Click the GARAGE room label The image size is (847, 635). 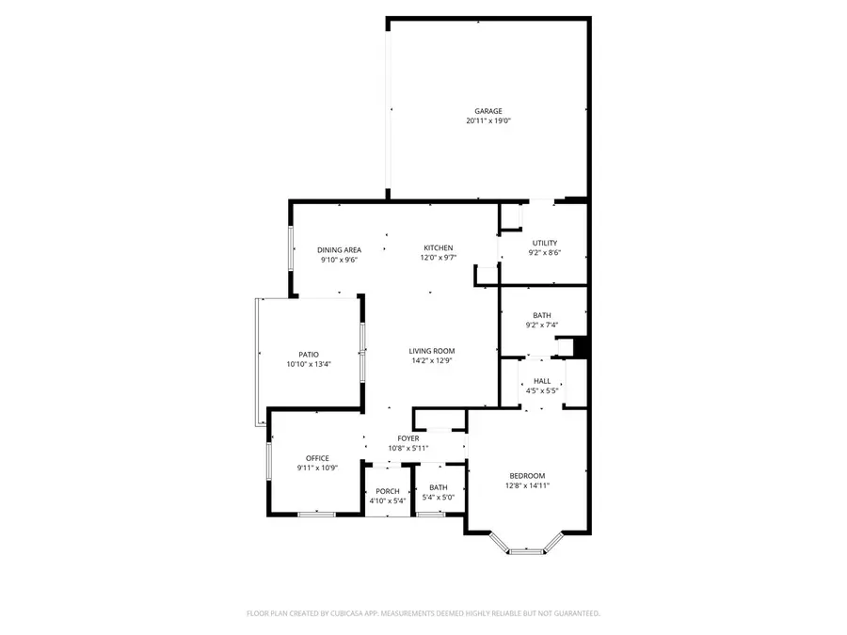[487, 111]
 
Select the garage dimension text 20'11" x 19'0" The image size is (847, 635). [487, 120]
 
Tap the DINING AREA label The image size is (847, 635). [339, 248]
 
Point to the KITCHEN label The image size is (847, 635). [438, 248]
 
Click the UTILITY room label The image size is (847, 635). [544, 243]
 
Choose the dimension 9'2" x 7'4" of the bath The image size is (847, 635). [542, 325]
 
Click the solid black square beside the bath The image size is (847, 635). [582, 347]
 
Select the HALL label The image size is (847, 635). [542, 381]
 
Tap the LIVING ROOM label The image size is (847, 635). [432, 351]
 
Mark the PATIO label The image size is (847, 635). [309, 355]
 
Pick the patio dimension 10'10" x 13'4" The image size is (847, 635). [309, 364]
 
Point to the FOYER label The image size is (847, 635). [408, 438]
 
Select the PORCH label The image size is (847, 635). [388, 491]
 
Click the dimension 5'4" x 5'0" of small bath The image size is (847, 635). [438, 498]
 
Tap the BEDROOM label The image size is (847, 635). [527, 476]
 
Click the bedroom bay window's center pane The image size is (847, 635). [526, 552]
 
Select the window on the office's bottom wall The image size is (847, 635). [316, 514]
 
